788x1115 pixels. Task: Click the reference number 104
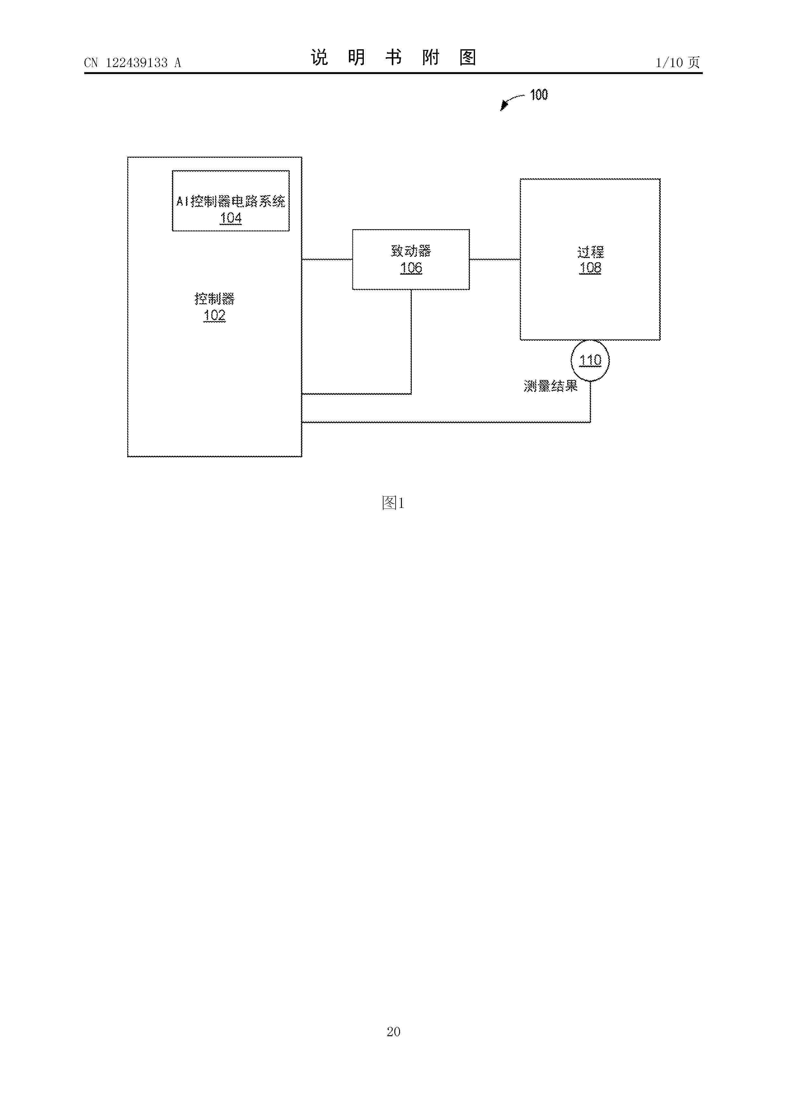(231, 218)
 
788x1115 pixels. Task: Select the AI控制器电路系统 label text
(231, 201)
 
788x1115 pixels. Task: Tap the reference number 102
(214, 316)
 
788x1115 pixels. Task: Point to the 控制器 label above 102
(214, 299)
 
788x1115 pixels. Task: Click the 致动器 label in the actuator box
(411, 251)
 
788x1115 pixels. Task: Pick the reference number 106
(411, 268)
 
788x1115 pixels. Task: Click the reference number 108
(590, 268)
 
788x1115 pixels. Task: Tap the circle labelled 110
(590, 340)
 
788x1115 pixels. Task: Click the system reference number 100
(539, 95)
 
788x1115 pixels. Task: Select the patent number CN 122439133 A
(132, 63)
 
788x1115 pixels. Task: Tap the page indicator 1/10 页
(678, 63)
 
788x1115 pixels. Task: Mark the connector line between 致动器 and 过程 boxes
(495, 259)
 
